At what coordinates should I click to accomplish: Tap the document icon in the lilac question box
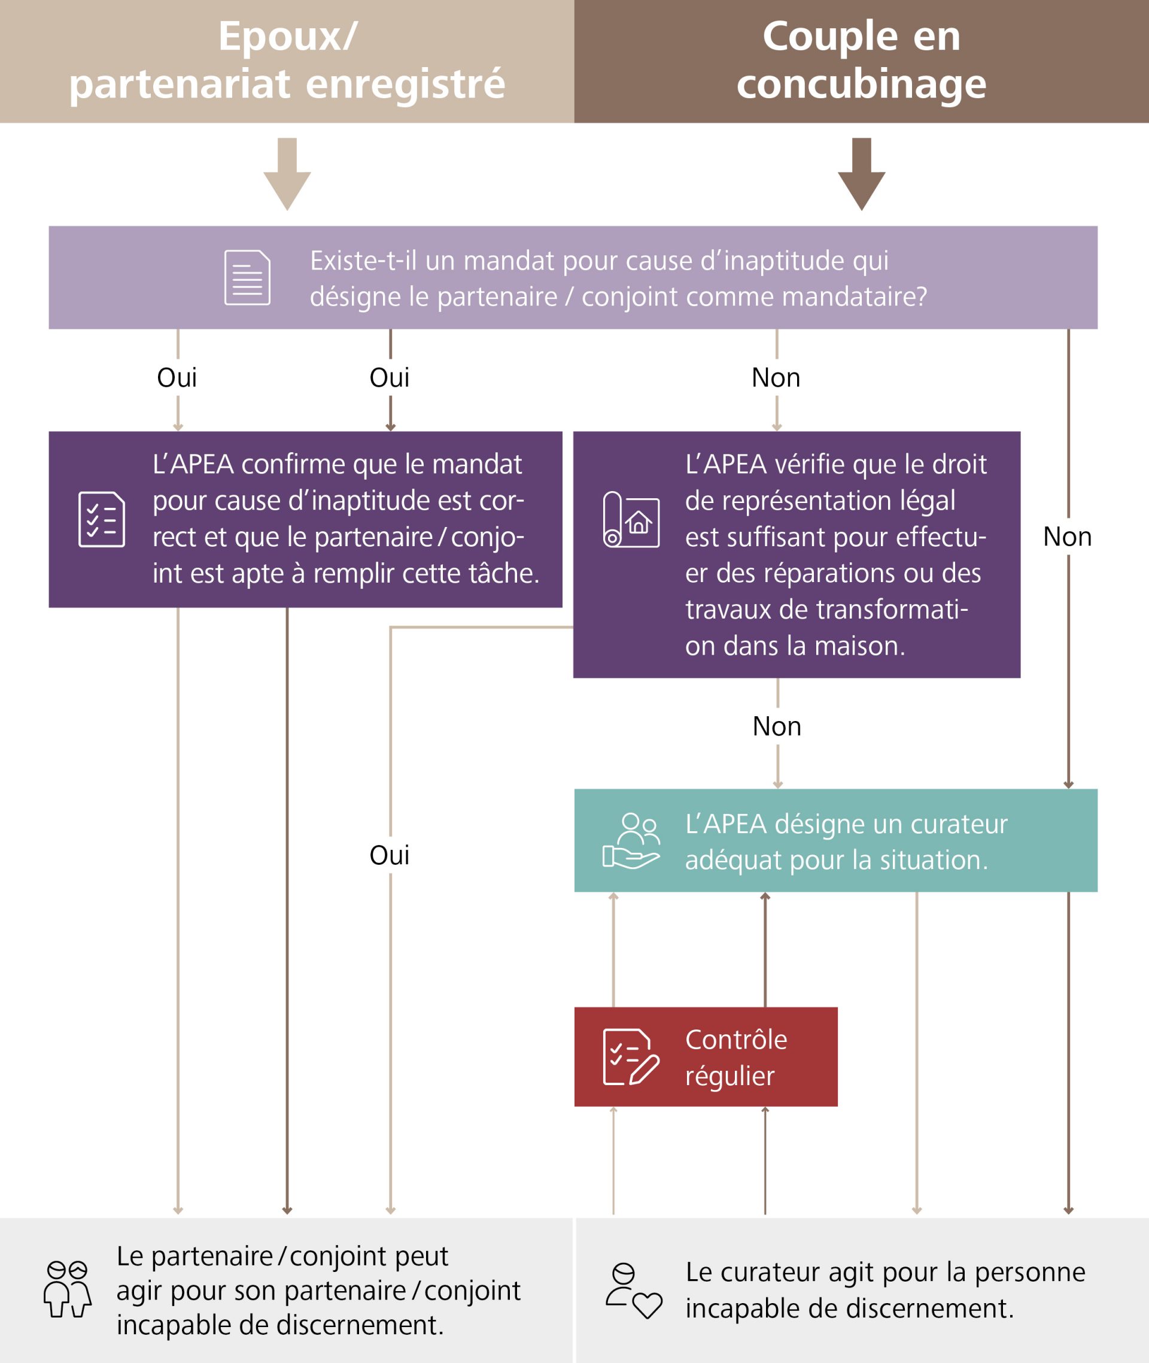[x=248, y=277]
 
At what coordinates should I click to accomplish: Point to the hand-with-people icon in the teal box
[x=631, y=840]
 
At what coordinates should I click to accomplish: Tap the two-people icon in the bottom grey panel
[x=68, y=1289]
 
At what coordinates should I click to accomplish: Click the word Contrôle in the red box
[x=736, y=1039]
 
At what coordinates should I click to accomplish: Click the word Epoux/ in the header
[x=287, y=36]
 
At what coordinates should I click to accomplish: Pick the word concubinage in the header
[x=861, y=84]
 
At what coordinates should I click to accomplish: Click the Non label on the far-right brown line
[x=1067, y=537]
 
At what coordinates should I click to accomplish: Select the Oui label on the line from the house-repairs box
[x=390, y=855]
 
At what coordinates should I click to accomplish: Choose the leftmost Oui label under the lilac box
[x=177, y=377]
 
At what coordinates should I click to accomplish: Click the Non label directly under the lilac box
[x=776, y=377]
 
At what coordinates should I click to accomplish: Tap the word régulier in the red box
[x=729, y=1076]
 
